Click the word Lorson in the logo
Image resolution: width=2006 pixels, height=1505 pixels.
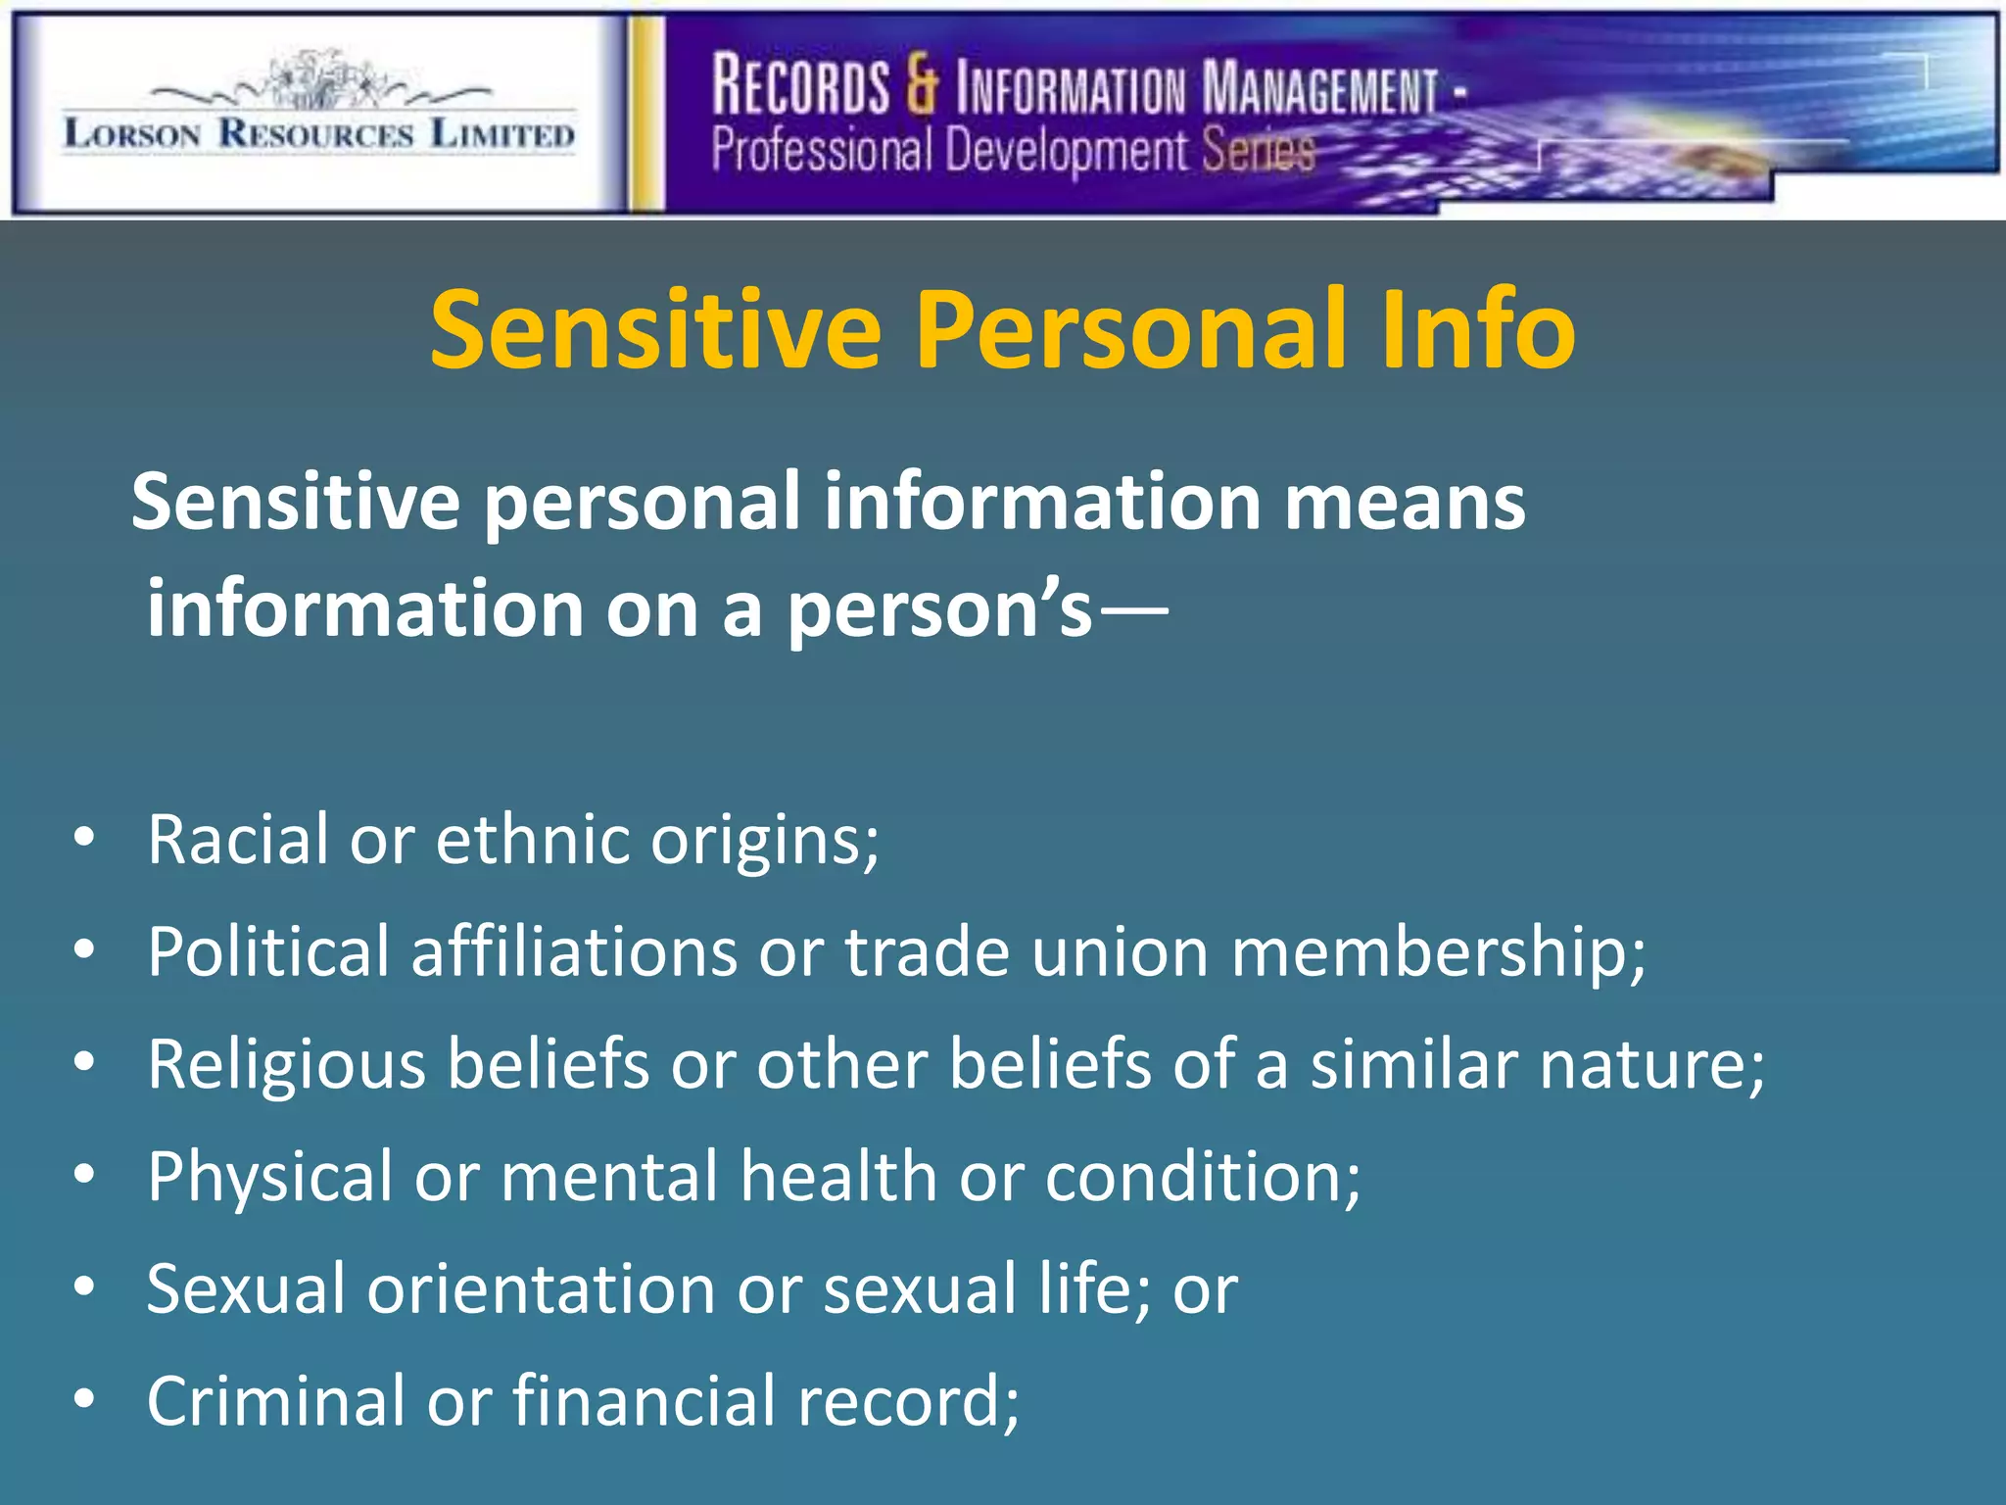(132, 133)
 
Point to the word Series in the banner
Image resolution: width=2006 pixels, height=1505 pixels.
(1258, 151)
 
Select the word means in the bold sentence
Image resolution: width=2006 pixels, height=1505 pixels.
(1405, 502)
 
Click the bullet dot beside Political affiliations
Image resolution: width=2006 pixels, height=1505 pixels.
(85, 949)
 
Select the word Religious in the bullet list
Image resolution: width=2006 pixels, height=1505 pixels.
(287, 1065)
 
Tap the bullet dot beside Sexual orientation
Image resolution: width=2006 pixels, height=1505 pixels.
(85, 1287)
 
